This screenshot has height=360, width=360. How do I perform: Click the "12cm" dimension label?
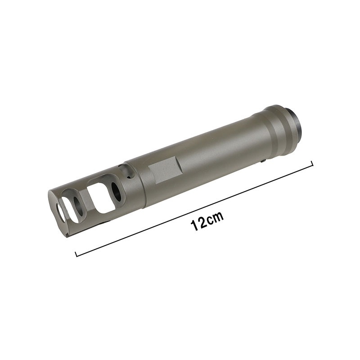point(207,221)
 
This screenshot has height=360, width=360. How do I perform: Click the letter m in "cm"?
point(218,217)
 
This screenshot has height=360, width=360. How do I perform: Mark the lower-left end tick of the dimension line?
point(76,254)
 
